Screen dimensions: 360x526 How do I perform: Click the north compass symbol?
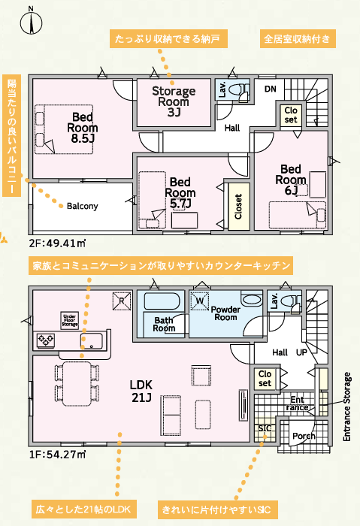[31, 22]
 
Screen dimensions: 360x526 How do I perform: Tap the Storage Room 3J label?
[174, 101]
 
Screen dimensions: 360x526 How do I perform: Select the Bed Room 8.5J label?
[83, 128]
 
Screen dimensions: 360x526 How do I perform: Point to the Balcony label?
[82, 206]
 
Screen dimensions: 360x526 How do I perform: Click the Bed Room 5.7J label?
[180, 192]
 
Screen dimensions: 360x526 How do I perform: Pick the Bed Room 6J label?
[291, 180]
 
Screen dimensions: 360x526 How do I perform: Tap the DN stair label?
[270, 89]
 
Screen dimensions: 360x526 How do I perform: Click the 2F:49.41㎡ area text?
[57, 243]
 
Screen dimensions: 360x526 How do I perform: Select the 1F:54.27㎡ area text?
[57, 455]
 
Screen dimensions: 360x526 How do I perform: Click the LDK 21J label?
[141, 391]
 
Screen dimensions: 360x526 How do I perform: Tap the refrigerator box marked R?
[122, 301]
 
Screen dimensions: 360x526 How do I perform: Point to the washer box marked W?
[200, 301]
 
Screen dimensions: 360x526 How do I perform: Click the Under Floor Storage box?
[69, 320]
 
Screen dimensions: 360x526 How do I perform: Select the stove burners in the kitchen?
[46, 340]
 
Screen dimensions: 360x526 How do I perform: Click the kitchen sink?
[92, 341]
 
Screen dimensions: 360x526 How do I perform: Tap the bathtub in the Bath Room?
[162, 301]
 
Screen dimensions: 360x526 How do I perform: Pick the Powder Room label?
[225, 313]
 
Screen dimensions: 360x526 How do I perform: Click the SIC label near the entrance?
[265, 428]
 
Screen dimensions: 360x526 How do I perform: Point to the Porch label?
[304, 436]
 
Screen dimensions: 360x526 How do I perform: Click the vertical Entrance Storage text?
[347, 407]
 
